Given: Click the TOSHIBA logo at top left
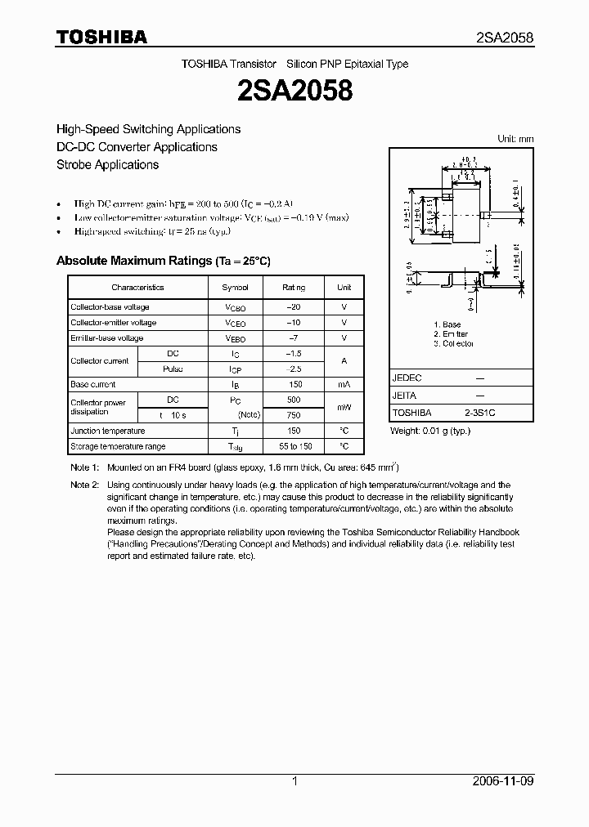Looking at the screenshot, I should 101,37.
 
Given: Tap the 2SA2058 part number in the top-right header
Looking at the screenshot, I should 505,38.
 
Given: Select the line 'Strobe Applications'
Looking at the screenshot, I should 107,164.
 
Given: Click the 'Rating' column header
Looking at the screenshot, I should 294,288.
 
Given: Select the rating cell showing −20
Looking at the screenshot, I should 294,307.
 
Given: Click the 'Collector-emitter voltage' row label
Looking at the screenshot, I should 113,323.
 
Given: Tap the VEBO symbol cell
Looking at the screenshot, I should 236,338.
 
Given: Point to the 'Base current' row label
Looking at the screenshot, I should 93,384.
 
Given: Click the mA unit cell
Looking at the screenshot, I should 344,384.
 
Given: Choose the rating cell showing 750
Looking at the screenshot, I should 294,415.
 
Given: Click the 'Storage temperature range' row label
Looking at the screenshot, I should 118,446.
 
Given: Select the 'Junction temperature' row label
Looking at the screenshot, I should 108,431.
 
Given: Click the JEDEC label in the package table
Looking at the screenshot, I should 407,378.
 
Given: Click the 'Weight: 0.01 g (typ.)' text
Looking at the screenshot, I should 430,431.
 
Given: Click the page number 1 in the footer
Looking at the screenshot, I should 294,781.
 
